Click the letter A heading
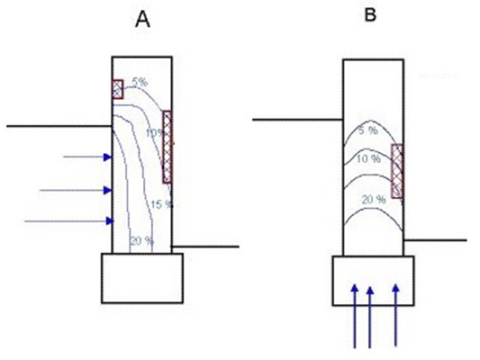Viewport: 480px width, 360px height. coord(142,20)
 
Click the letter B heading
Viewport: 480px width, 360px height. coord(370,14)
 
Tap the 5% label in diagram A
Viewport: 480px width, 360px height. coord(140,82)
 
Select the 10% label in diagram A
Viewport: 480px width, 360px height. coord(154,133)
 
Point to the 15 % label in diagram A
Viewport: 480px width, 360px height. coord(161,204)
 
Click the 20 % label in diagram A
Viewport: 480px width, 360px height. coord(141,241)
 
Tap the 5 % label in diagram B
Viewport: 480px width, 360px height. coord(368,130)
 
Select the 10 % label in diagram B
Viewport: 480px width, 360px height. coord(368,158)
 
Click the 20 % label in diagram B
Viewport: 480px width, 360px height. coord(374,200)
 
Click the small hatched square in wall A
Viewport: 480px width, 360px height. coord(118,89)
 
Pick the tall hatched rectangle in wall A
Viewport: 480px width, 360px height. coord(167,147)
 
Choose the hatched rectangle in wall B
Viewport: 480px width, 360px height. coord(397,171)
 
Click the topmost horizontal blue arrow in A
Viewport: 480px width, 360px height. coord(87,157)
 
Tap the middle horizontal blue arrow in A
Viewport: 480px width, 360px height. coord(76,190)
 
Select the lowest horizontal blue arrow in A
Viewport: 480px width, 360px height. coord(68,220)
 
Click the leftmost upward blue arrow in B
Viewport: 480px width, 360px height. coord(355,316)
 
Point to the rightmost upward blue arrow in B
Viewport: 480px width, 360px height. coord(396,315)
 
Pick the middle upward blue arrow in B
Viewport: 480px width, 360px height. coord(370,317)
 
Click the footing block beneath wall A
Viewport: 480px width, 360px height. coord(142,278)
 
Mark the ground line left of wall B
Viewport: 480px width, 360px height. coord(297,120)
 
